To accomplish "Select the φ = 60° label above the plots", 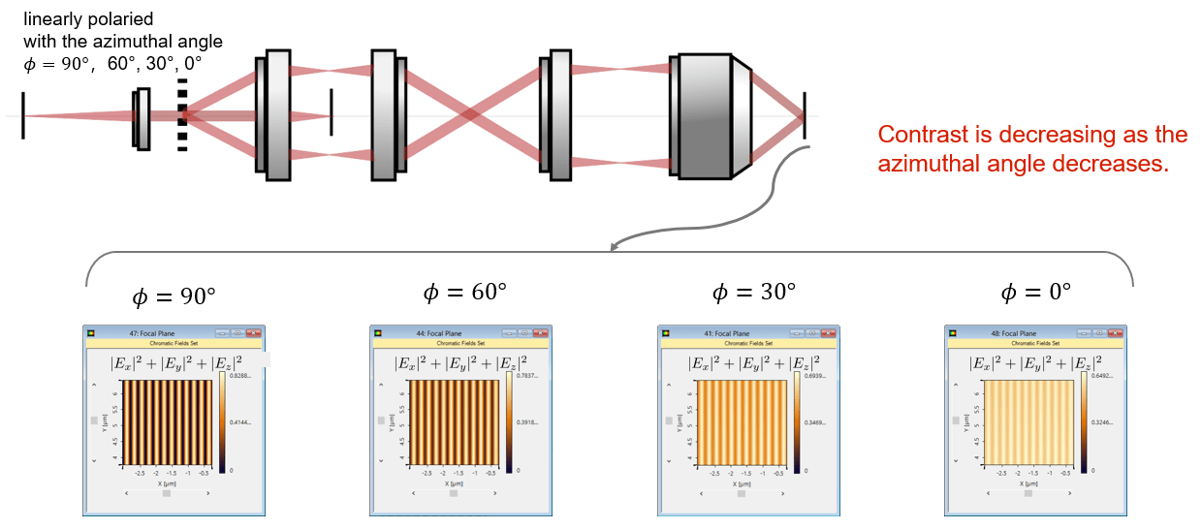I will [464, 292].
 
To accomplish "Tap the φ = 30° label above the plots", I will [753, 292].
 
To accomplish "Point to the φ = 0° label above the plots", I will [1036, 292].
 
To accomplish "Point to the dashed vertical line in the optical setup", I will [181, 115].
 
